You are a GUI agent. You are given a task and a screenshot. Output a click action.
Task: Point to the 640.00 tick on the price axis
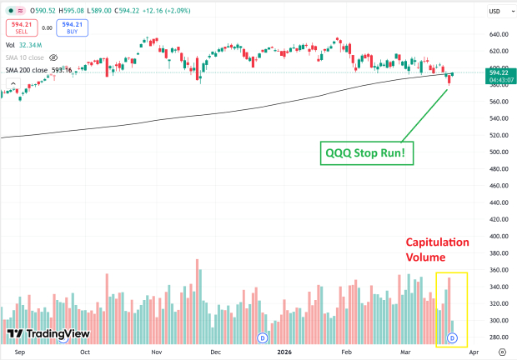coord(499,35)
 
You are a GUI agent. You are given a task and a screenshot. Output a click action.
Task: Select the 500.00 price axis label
coord(499,152)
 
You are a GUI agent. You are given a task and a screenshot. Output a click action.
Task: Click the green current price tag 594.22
coord(499,72)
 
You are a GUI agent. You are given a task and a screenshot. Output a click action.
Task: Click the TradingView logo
coord(38,334)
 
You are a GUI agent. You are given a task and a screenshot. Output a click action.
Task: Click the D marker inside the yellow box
coord(453,337)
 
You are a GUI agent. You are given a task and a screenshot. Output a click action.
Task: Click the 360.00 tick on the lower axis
coord(499,270)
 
